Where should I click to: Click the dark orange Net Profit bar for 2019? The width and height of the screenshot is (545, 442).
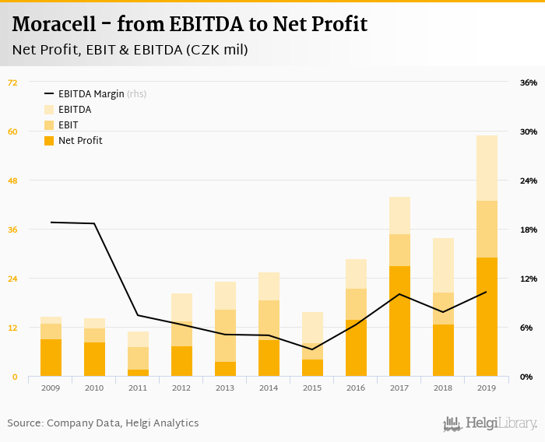coord(487,317)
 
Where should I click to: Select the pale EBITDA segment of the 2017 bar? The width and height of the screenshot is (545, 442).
coord(399,216)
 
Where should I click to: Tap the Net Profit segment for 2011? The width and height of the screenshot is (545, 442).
coord(138,373)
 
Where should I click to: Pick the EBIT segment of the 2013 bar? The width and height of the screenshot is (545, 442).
coord(225,335)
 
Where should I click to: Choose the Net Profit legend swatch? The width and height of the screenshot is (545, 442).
coord(49,141)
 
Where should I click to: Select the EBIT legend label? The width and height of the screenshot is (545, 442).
coord(68,125)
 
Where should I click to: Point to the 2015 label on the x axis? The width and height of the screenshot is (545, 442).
coord(312,387)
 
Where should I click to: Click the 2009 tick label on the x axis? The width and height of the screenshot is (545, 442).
coord(51,387)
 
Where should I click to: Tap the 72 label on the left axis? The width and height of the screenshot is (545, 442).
coord(12,82)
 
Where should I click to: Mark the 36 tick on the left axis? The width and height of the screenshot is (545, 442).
coord(12,230)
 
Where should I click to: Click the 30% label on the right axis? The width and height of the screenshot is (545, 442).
coord(529,132)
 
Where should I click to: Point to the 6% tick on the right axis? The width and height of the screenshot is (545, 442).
coord(529,328)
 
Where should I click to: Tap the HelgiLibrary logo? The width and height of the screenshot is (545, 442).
coord(490,424)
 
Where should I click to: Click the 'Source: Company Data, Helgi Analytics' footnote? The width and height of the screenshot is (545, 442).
coord(103,423)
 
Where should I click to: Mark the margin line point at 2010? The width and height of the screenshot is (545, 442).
coord(94,223)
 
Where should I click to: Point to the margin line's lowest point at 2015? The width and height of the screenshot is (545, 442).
coord(312,349)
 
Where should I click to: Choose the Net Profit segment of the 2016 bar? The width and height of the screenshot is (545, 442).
coord(356,348)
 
